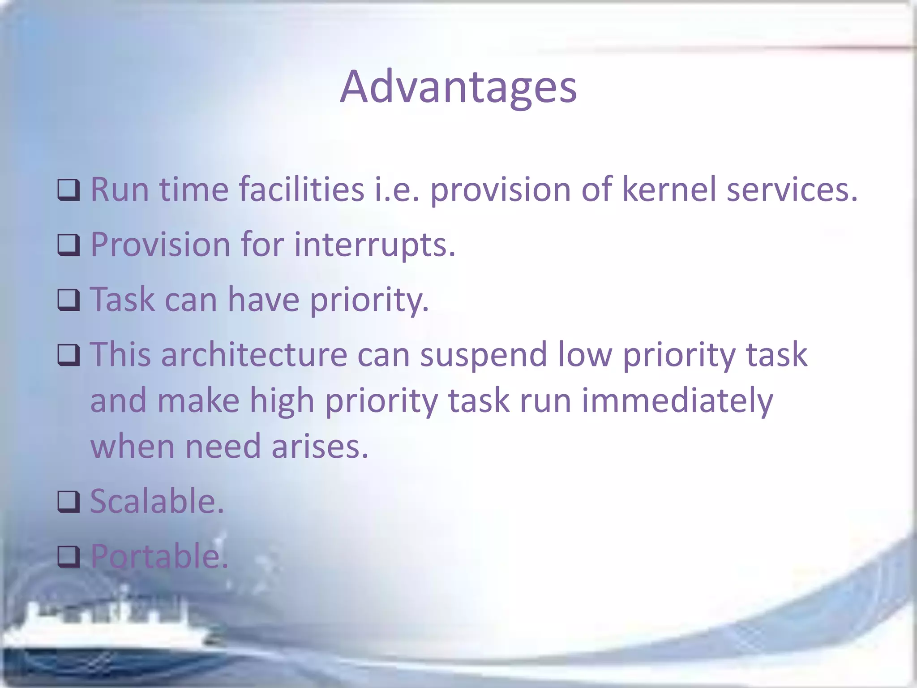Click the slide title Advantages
(x=458, y=87)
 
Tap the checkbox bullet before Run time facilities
(x=69, y=190)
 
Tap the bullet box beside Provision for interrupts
(x=69, y=245)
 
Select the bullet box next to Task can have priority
(x=69, y=300)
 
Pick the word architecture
(x=254, y=354)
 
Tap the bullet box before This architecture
(x=69, y=355)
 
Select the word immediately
(x=677, y=401)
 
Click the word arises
(x=320, y=447)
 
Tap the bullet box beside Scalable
(x=69, y=502)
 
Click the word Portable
(x=159, y=556)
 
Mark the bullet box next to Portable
(x=69, y=557)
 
